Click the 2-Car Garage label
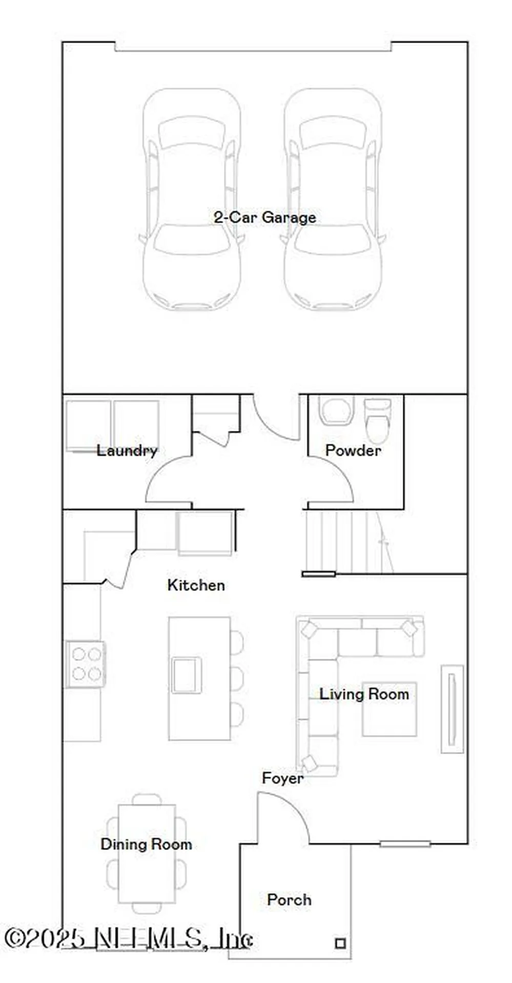tap(264, 218)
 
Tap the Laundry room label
tap(127, 451)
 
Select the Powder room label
tap(353, 451)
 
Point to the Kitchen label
tap(196, 585)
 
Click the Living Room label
tap(364, 694)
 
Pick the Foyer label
tap(282, 778)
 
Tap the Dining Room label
tap(146, 844)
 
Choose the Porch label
tap(289, 900)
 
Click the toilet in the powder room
tap(377, 420)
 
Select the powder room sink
tap(336, 410)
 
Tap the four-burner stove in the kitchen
tap(86, 664)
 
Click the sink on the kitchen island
tap(187, 675)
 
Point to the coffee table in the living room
tap(390, 709)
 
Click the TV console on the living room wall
tap(452, 709)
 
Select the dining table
tap(147, 853)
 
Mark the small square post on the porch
tap(340, 943)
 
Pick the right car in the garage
tap(333, 199)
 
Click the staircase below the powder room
tap(349, 542)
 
